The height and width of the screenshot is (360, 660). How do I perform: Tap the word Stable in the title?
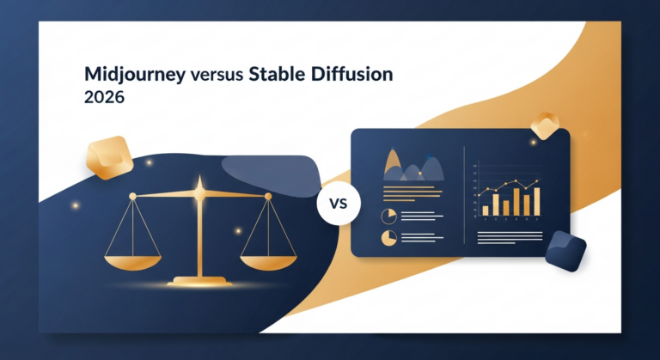click(275, 75)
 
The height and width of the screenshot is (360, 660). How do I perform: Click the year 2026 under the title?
click(105, 97)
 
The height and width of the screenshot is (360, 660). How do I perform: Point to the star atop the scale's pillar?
click(199, 185)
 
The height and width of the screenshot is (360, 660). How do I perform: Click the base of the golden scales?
click(200, 281)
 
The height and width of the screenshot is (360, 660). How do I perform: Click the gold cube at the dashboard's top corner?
click(546, 125)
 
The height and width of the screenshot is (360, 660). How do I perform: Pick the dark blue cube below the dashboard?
click(565, 251)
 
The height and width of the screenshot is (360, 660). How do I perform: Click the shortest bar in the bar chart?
click(486, 209)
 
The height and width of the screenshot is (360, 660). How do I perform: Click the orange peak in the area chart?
click(394, 160)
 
